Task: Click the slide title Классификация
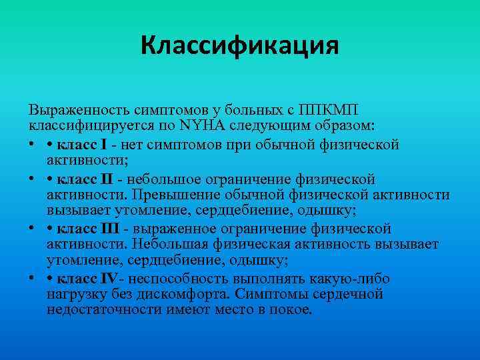pyautogui.click(x=240, y=47)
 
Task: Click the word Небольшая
pyautogui.click(x=168, y=245)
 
